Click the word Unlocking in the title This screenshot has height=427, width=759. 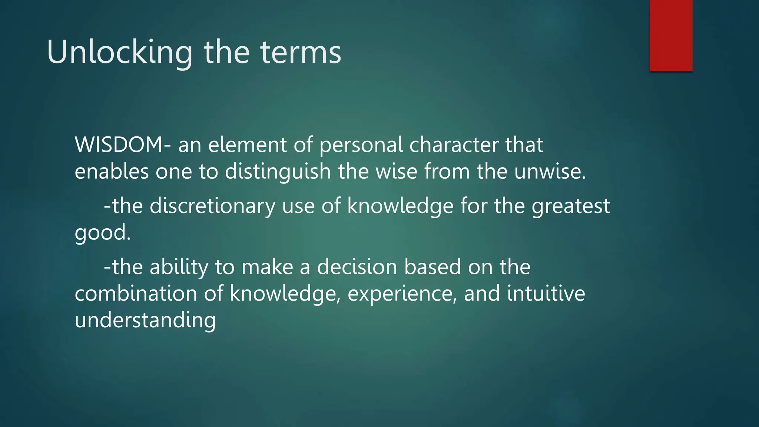[x=119, y=53]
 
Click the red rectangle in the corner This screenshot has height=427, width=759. [x=671, y=35]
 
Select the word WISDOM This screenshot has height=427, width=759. [x=119, y=145]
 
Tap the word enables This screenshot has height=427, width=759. [x=112, y=172]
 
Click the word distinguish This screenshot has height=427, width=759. [x=278, y=172]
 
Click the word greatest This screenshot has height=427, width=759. [x=571, y=206]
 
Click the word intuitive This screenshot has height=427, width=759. [x=546, y=294]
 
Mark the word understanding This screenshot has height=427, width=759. [x=145, y=320]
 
